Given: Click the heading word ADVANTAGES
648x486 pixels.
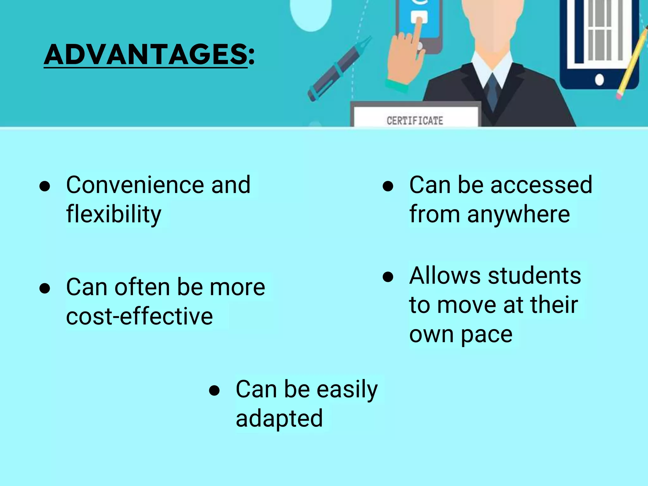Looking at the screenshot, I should coord(146,54).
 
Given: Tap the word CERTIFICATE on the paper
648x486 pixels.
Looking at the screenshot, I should coord(415,121).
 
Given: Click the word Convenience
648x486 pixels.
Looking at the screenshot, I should coord(135,185).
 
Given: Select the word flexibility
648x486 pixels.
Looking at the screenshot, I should coord(114,214).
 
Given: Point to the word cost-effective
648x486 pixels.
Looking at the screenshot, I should coord(140,316).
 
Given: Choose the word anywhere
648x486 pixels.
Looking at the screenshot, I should coord(519,214).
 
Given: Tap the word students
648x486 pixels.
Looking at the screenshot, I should coord(534,276).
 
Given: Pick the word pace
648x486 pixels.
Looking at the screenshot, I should coord(486,334).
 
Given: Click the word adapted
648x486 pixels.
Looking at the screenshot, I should coord(279,418).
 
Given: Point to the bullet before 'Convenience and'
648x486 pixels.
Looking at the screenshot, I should coord(45,186).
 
